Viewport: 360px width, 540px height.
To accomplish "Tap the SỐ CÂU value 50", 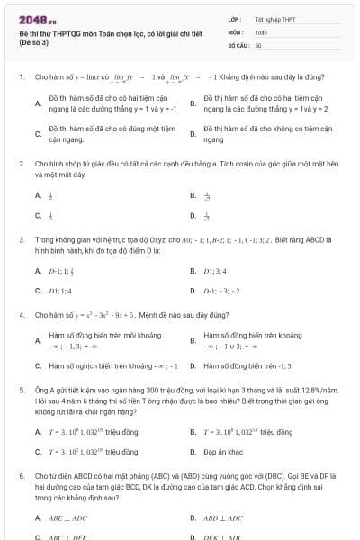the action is click(x=258, y=44).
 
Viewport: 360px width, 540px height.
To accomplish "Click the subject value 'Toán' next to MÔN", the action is click(x=261, y=31).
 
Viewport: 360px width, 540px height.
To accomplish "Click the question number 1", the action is click(x=21, y=77).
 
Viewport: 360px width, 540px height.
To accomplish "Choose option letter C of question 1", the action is click(x=38, y=134).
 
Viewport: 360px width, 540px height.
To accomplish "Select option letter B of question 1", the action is click(x=193, y=103).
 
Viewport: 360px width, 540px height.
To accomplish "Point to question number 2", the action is click(x=21, y=164).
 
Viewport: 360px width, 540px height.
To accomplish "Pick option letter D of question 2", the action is click(x=193, y=215).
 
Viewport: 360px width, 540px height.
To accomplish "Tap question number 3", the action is click(x=21, y=241).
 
